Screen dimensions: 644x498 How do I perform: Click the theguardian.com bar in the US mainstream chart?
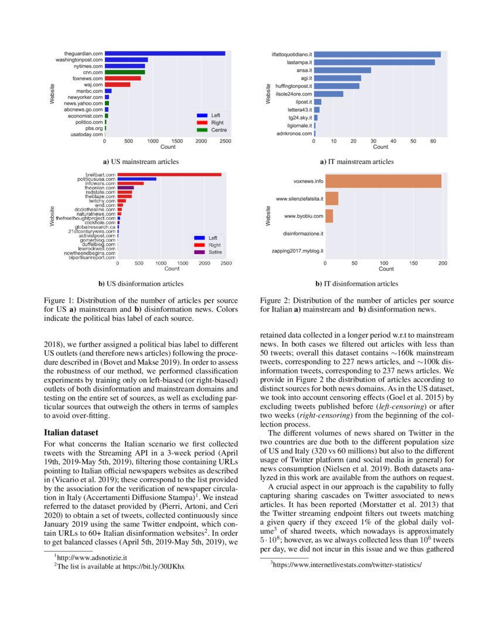pyautogui.click(x=165, y=54)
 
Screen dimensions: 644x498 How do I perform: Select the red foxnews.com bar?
pyautogui.click(x=122, y=78)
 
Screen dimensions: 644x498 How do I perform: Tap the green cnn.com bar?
pyautogui.click(x=124, y=72)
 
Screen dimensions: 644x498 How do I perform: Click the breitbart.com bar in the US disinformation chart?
pyautogui.click(x=169, y=174)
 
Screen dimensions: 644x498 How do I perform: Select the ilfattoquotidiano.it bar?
pyautogui.click(x=377, y=54)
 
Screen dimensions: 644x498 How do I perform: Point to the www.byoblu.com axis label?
pyautogui.click(x=299, y=217)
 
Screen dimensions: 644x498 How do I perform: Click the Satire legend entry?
pyautogui.click(x=212, y=251)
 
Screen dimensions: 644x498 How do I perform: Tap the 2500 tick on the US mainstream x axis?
pyautogui.click(x=226, y=142)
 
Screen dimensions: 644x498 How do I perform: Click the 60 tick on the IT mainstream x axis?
pyautogui.click(x=433, y=142)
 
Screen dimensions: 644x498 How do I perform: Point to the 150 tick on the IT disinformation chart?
pyautogui.click(x=414, y=263)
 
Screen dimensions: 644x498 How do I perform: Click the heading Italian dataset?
pyautogui.click(x=71, y=433)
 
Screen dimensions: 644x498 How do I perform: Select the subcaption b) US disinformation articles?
pyautogui.click(x=141, y=284)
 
